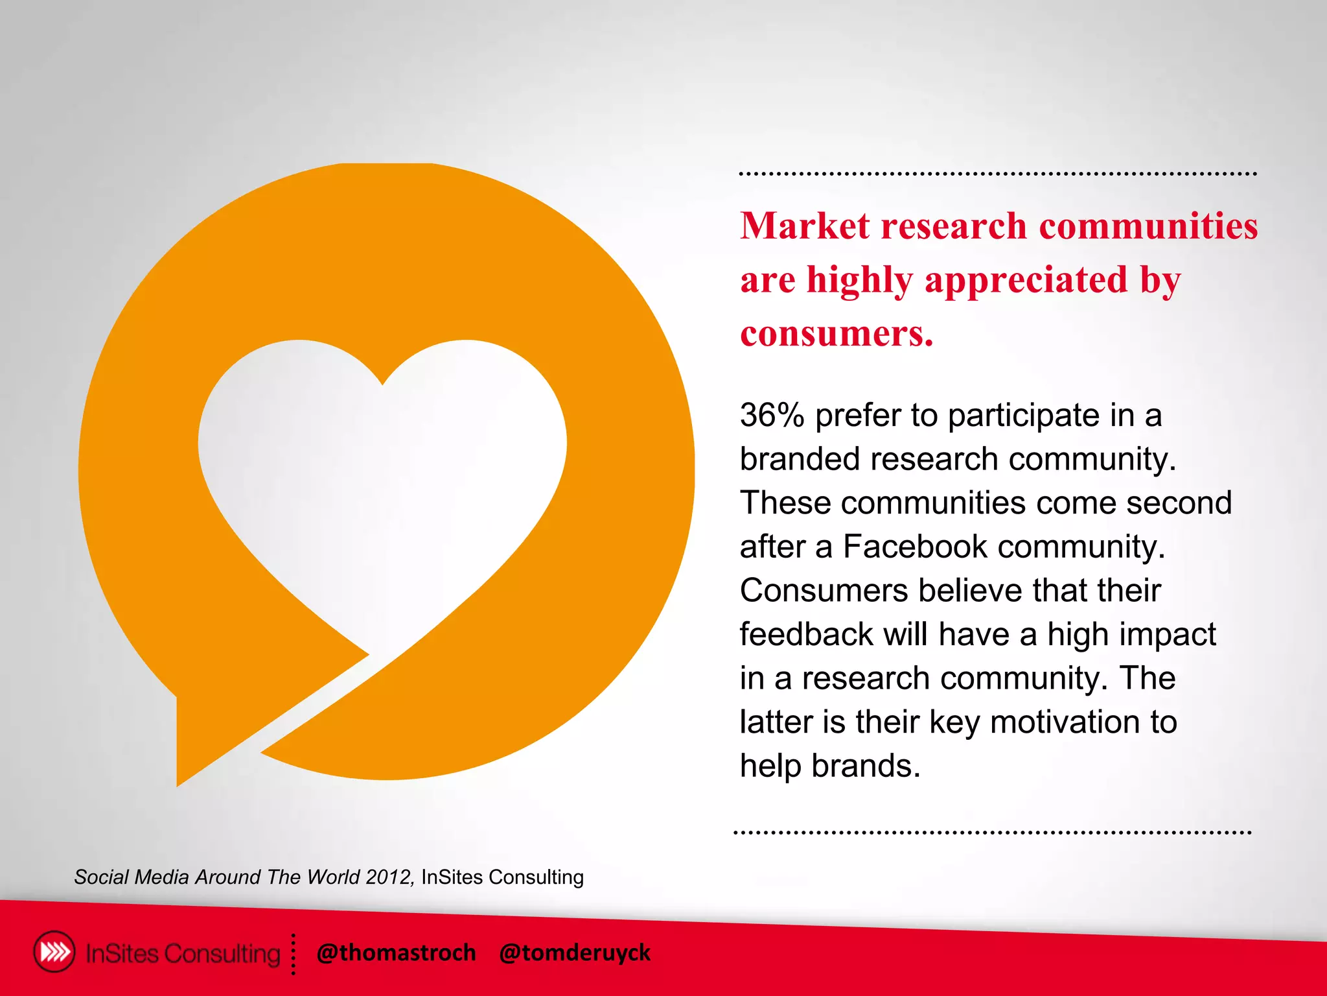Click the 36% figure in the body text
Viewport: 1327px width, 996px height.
tap(772, 416)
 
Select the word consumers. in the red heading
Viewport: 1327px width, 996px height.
tap(837, 334)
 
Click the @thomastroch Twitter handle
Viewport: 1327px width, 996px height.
tap(396, 953)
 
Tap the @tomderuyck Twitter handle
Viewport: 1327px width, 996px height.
tap(574, 953)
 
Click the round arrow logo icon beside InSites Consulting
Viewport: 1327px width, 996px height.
tap(54, 952)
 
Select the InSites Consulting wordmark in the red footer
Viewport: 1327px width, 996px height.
tap(183, 954)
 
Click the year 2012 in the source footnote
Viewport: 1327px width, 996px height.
tap(387, 877)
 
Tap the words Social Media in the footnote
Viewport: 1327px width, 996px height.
tap(132, 877)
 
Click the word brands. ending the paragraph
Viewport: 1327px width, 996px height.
tap(866, 766)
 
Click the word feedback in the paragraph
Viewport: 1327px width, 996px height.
tap(806, 634)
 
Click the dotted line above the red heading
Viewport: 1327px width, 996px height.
tap(998, 174)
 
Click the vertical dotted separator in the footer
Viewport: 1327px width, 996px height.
tap(294, 954)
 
